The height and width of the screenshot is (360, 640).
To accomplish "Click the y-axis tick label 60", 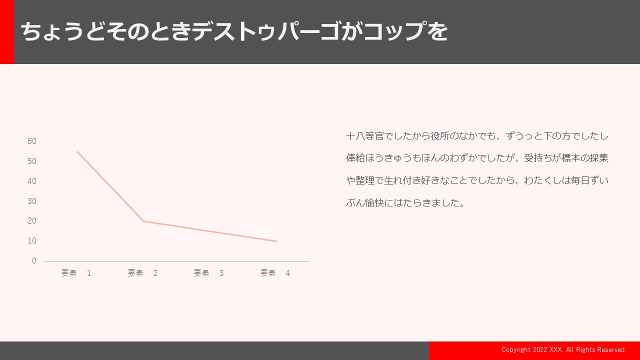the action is point(32,141).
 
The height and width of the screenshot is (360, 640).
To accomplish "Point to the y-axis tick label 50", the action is point(32,161).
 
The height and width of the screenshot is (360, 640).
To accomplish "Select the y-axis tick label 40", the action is point(32,181).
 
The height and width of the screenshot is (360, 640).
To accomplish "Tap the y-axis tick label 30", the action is point(32,201).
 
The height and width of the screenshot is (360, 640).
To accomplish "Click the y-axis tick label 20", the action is point(32,221).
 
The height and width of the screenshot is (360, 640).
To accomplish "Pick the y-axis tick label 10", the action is point(32,241).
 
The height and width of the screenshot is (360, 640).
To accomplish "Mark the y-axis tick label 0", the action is point(34,261).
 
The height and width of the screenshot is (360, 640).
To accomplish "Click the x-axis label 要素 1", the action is point(76,273).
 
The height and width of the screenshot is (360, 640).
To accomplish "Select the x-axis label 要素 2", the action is point(142,273).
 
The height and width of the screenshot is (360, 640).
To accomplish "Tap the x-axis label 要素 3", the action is point(209,273).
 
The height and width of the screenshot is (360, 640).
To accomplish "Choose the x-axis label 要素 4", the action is point(275,273).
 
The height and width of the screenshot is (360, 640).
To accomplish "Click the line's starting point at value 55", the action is point(77,151).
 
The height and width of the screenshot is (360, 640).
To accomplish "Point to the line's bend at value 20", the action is point(143,221).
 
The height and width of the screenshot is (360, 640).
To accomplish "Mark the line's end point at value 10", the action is point(276,241).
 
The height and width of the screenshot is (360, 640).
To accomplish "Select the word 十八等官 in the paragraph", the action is point(365,136).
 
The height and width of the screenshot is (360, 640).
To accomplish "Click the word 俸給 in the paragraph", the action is point(355,158).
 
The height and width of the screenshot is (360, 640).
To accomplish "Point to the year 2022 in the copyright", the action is point(540,349).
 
